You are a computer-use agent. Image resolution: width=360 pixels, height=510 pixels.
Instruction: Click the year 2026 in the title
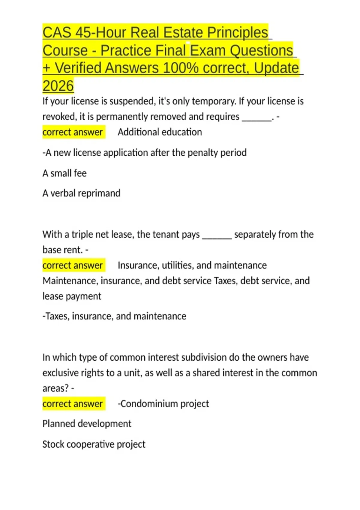pos(58,86)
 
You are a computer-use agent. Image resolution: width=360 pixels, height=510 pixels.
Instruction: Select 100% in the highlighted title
pos(181,68)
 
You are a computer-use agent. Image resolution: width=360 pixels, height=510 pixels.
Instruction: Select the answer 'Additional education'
pos(160,132)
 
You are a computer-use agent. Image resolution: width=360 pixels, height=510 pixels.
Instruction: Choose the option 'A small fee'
pos(64,173)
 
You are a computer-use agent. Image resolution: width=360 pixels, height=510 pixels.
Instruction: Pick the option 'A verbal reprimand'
pos(81,193)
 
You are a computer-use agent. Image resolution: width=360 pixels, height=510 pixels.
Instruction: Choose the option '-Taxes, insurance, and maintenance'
pos(114,316)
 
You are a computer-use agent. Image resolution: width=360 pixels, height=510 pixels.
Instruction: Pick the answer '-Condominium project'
pos(163,404)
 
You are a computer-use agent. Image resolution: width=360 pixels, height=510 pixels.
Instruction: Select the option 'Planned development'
pos(87,424)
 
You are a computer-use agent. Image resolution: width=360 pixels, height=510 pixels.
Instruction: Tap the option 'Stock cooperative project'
pos(94,444)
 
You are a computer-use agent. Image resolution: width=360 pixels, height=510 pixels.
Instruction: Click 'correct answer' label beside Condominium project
pos(73,404)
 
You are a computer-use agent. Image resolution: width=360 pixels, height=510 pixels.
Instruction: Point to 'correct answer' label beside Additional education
pos(73,132)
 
